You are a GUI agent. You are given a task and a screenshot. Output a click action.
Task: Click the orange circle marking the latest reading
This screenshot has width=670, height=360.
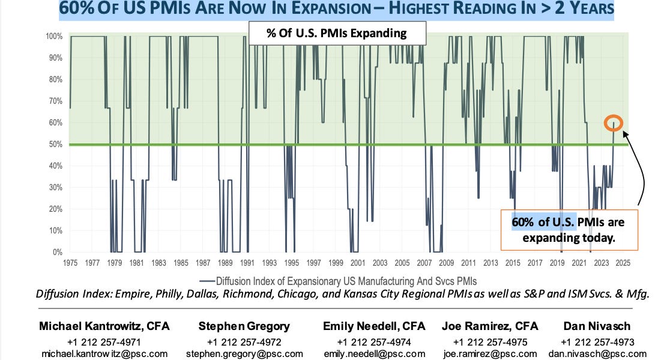pyautogui.click(x=614, y=123)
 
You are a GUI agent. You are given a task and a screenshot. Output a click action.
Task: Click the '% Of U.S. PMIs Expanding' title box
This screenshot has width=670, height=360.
pyautogui.click(x=336, y=33)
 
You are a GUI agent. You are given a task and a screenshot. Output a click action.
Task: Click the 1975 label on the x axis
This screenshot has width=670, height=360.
pyautogui.click(x=70, y=263)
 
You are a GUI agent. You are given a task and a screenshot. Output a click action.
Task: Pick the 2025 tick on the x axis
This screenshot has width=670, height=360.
pyautogui.click(x=623, y=263)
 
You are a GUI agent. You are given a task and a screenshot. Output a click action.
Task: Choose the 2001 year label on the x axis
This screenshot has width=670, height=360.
pyautogui.click(x=357, y=263)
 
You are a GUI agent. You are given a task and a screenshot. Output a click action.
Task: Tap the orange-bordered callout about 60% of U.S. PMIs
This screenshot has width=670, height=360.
pyautogui.click(x=569, y=229)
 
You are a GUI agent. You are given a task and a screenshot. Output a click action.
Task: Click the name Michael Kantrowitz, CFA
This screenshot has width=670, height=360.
pyautogui.click(x=104, y=326)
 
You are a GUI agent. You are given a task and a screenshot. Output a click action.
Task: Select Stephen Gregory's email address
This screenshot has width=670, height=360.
pyautogui.click(x=244, y=354)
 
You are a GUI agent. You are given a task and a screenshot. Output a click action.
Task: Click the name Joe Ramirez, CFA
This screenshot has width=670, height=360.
pyautogui.click(x=489, y=326)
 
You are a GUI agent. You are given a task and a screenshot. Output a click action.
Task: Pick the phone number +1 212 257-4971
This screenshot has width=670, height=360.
pyautogui.click(x=104, y=341)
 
